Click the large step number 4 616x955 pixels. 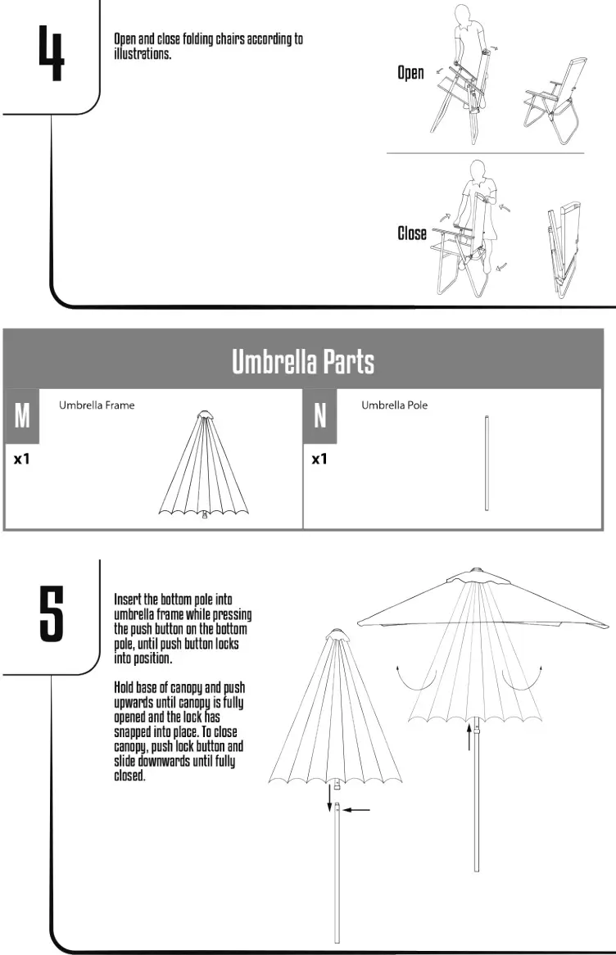pos(51,52)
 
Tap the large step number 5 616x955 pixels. pos(51,613)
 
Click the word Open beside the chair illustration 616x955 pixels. pos(411,73)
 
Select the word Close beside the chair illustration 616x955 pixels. pos(412,233)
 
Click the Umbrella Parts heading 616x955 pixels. pos(303,361)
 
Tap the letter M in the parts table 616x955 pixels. pos(22,416)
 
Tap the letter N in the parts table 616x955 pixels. pos(320,416)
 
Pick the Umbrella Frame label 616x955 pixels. pos(97,405)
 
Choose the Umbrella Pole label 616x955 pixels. pos(394,405)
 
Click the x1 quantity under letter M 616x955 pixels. pos(22,459)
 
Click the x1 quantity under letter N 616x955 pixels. pos(319,459)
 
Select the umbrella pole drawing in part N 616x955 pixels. pos(487,464)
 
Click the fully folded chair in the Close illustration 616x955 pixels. pos(564,249)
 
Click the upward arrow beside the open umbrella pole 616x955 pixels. pos(469,735)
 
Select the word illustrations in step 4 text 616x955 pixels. pos(143,54)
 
